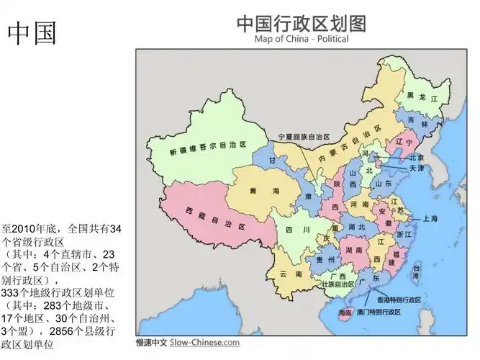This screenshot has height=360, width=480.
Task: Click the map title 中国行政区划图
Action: pos(301,23)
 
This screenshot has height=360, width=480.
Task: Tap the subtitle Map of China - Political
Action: pos(301,39)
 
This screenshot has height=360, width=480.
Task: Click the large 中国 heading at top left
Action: pos(32,33)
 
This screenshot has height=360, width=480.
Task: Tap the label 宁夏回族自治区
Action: pos(304,136)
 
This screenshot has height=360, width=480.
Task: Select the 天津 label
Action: pos(417,168)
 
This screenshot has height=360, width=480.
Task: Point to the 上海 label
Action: pos(430,217)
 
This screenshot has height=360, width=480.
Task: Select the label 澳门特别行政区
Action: pos(389,312)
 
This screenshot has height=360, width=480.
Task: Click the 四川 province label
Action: pos(291,230)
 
